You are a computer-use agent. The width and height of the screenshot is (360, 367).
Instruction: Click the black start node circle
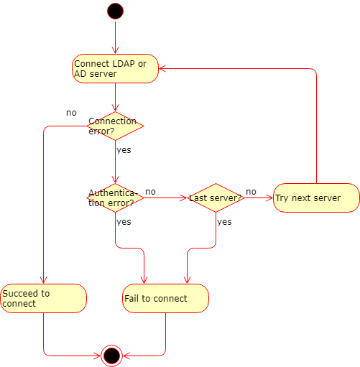tap(115, 11)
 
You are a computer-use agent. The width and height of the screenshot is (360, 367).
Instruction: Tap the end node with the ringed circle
tap(111, 356)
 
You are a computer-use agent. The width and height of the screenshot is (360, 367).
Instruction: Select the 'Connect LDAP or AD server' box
tap(115, 68)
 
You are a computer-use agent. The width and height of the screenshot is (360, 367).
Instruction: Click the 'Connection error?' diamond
tap(115, 126)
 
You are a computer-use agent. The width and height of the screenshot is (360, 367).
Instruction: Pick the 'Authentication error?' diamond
tap(115, 198)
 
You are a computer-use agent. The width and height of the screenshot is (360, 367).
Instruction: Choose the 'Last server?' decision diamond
tap(216, 198)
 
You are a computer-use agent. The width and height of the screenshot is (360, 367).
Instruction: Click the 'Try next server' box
tap(316, 198)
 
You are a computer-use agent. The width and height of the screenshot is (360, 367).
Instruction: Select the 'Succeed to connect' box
tap(43, 298)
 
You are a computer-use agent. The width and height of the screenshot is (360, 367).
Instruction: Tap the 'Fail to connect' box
tap(165, 298)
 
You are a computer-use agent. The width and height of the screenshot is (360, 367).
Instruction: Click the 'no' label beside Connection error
tap(71, 113)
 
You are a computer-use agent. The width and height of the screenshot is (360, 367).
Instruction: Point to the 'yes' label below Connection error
tap(124, 150)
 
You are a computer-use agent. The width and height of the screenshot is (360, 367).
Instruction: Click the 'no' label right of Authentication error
tap(150, 192)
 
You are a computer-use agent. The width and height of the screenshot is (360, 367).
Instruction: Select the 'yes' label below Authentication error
tap(124, 222)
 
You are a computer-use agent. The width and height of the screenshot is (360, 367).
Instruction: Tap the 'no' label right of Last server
tap(251, 192)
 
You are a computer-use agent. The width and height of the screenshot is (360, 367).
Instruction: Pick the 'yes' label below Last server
tap(224, 222)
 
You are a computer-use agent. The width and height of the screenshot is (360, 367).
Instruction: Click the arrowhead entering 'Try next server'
tap(270, 198)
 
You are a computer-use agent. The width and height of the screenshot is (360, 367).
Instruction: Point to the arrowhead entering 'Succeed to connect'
tap(43, 281)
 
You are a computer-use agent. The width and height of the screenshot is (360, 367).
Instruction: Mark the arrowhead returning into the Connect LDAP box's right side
tap(162, 68)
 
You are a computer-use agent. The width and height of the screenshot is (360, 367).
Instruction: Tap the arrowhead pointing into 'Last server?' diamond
tap(183, 198)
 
